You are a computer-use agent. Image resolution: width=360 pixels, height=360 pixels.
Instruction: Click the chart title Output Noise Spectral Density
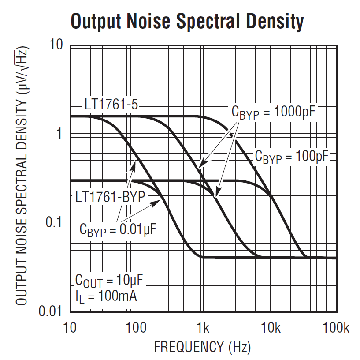[x=187, y=21]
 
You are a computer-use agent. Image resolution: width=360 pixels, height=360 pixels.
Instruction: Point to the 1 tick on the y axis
[x=58, y=134]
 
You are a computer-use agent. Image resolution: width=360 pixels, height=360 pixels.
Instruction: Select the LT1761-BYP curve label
[x=110, y=196]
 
